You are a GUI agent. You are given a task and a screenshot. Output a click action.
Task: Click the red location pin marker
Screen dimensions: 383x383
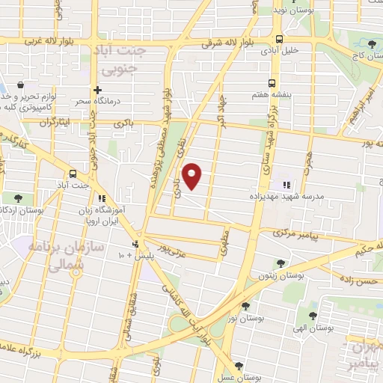click(192, 176)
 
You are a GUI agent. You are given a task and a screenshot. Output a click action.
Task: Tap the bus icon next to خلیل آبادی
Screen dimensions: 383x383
click(279, 39)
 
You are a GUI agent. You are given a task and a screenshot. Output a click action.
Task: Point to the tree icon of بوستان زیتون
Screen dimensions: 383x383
click(280, 263)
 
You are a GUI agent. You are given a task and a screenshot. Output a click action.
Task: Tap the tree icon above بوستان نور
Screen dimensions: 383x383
click(245, 305)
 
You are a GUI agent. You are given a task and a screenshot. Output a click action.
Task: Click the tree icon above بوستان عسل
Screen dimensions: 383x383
click(238, 366)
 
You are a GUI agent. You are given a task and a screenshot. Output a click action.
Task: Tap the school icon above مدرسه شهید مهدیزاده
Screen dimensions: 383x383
click(285, 184)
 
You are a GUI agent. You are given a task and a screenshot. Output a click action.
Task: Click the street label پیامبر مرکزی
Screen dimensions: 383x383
click(295, 234)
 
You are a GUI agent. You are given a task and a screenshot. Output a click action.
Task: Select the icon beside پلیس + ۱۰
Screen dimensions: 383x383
click(135, 244)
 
